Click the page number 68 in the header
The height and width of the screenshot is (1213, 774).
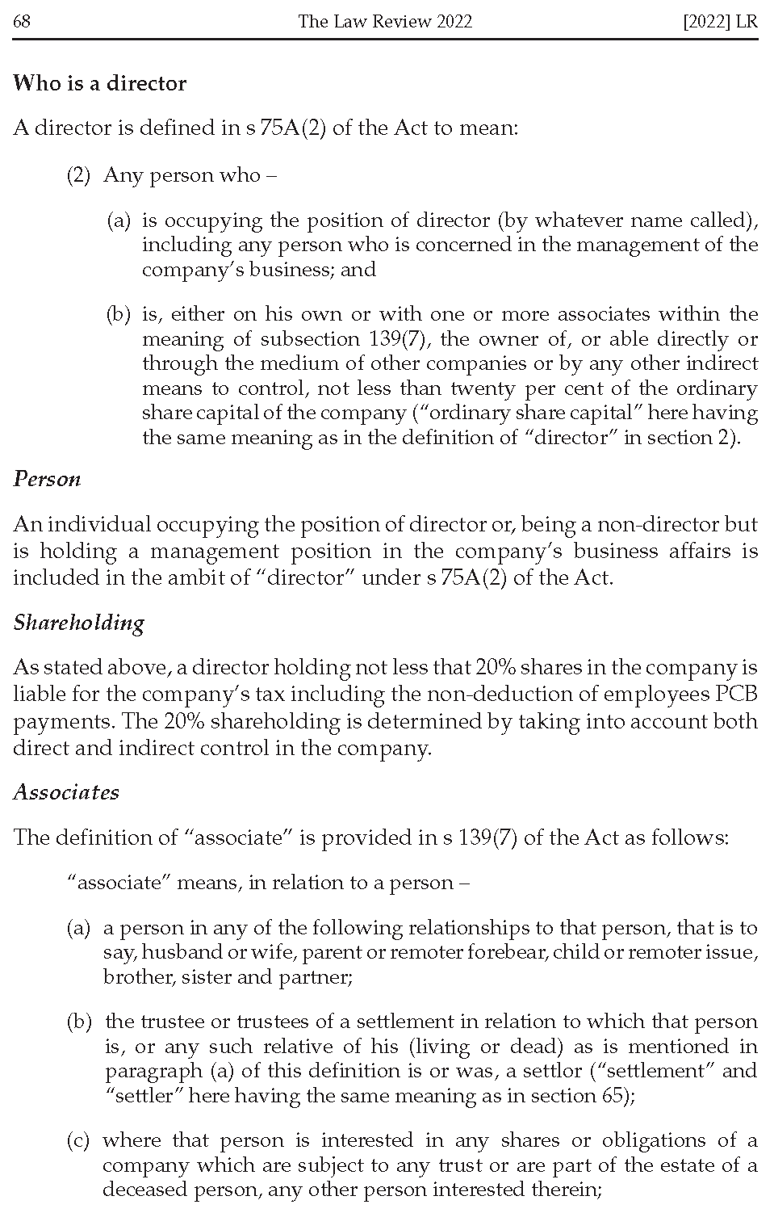pyautogui.click(x=22, y=21)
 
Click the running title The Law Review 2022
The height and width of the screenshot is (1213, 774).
pyautogui.click(x=384, y=21)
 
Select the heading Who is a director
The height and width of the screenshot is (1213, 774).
pyautogui.click(x=99, y=83)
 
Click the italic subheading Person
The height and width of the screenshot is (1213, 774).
pyautogui.click(x=47, y=479)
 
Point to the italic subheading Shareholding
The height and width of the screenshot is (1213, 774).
pyautogui.click(x=79, y=622)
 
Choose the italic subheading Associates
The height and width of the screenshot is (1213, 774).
pyautogui.click(x=66, y=792)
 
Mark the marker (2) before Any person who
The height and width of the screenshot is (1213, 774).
pyautogui.click(x=78, y=175)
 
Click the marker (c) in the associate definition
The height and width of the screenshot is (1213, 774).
pyautogui.click(x=77, y=1140)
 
